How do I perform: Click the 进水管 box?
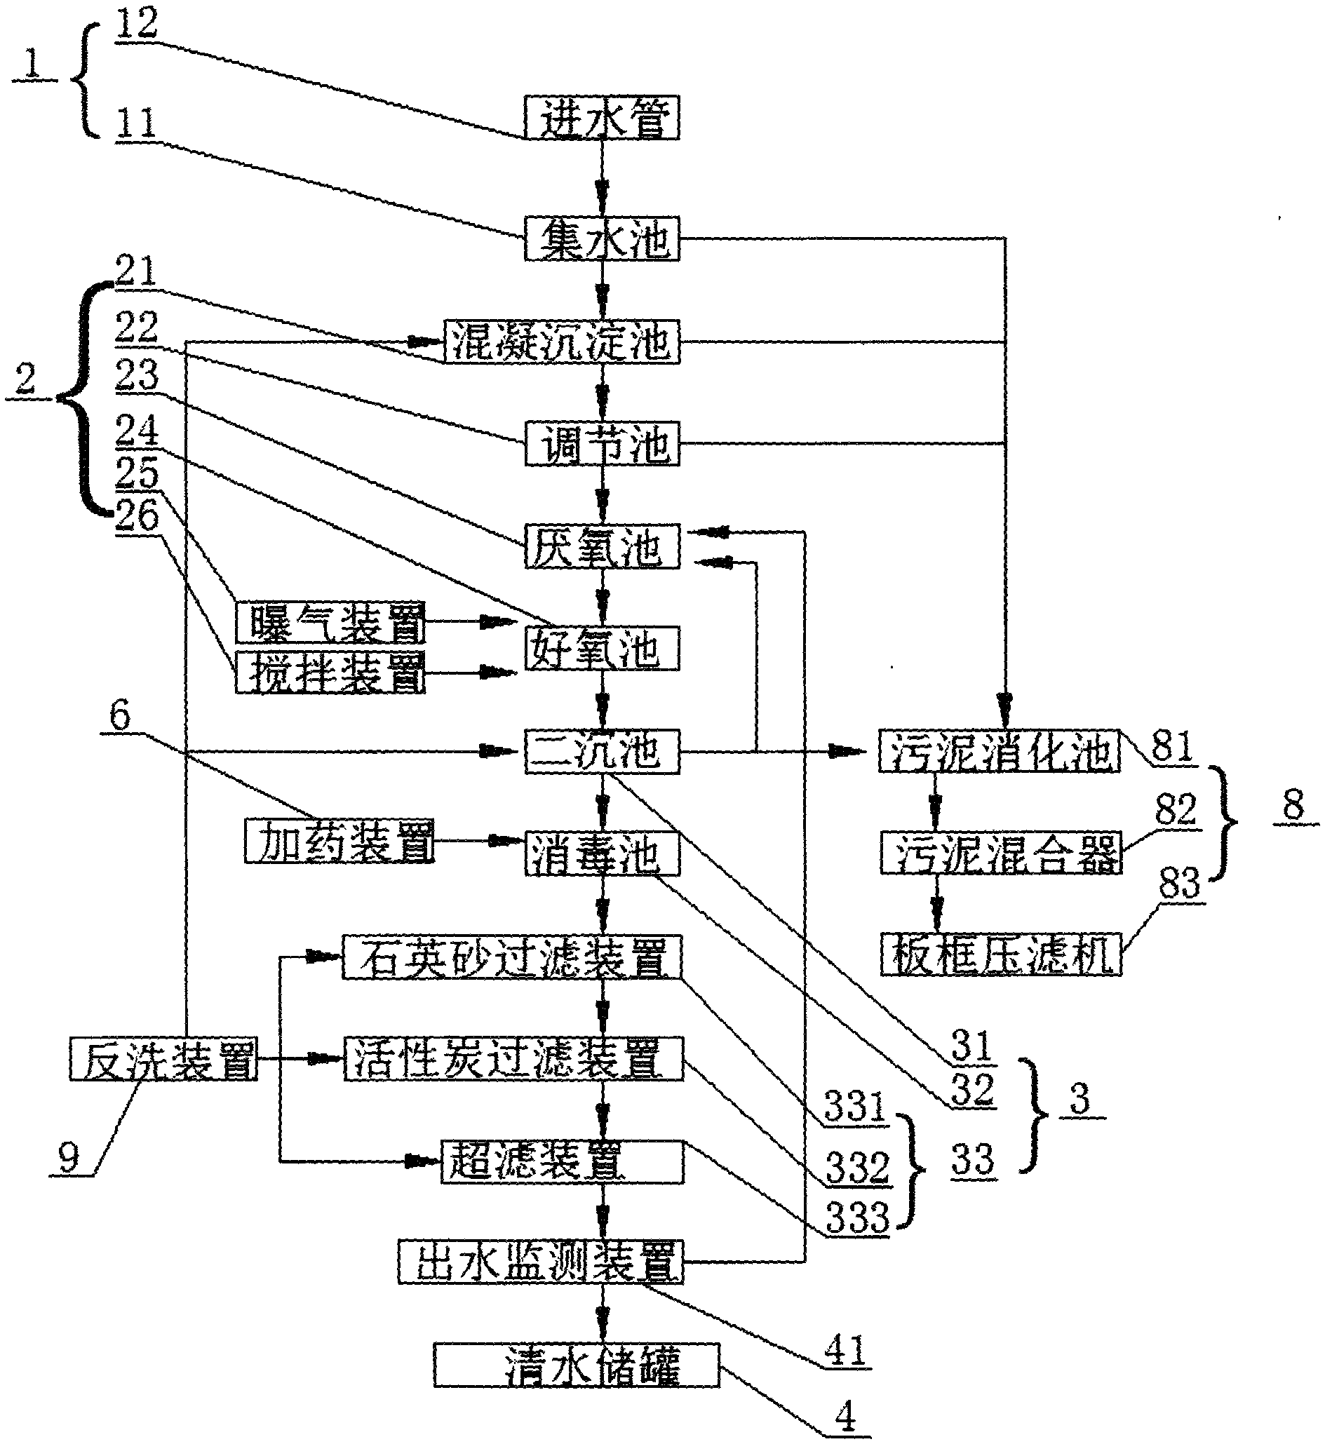tap(602, 118)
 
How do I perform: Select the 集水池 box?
tap(602, 238)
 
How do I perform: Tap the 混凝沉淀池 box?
tap(561, 342)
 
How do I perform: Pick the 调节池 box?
tap(602, 445)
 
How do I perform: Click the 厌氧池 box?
tap(602, 547)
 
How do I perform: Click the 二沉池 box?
tap(602, 751)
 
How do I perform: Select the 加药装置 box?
tap(339, 840)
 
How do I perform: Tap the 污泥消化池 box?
tap(999, 751)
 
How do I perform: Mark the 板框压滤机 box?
tap(1001, 954)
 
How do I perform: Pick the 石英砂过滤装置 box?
tap(511, 957)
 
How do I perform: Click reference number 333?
tap(858, 1217)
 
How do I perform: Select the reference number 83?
tap(1179, 883)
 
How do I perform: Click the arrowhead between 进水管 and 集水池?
tap(602, 193)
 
